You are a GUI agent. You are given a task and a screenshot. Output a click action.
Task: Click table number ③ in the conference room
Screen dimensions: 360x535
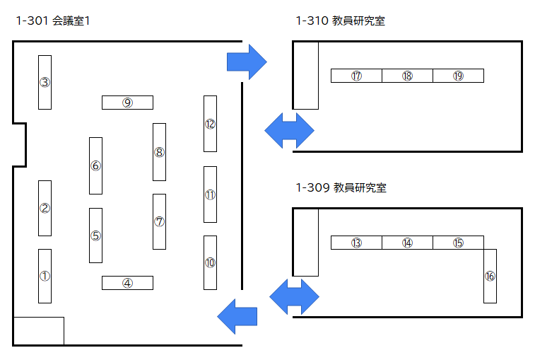point(45,82)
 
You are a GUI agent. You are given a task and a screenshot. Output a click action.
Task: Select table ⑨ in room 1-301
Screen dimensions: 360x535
point(127,103)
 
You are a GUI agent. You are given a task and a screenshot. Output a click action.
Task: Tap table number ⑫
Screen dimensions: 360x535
point(210,124)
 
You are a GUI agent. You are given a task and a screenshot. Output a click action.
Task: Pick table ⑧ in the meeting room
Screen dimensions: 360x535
point(159,152)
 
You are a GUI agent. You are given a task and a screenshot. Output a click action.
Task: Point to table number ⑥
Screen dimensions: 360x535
point(95,166)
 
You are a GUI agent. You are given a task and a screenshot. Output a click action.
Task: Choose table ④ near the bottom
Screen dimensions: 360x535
point(127,283)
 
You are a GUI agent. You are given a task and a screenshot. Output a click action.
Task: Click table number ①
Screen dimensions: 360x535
point(45,276)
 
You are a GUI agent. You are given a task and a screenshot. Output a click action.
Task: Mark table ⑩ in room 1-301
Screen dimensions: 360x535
point(210,262)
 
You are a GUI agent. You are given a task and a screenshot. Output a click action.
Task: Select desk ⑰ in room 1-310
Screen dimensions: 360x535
point(356,76)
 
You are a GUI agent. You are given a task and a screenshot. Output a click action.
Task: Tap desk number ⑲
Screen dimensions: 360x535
point(458,76)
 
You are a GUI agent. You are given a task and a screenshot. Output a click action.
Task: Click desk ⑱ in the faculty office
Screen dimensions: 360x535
point(407,76)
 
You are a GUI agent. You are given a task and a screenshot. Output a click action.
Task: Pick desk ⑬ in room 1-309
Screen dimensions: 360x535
point(356,243)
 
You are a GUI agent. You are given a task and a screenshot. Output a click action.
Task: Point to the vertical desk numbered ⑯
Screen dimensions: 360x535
point(490,276)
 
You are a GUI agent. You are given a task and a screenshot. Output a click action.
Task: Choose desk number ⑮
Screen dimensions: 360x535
point(458,243)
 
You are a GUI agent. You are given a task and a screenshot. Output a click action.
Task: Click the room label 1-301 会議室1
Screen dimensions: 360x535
point(52,21)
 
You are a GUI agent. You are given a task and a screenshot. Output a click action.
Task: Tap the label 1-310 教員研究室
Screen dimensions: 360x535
point(341,21)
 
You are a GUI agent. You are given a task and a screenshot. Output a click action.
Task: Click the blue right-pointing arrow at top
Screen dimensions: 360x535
point(246,62)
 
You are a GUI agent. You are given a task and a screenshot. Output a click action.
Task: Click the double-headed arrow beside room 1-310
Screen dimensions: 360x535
point(289,130)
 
